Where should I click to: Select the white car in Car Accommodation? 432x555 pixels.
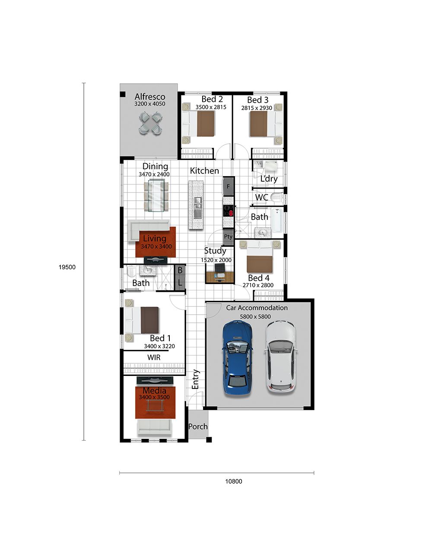tap(281, 357)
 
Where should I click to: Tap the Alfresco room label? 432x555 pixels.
tap(150, 97)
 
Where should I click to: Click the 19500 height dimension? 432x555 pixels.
tap(67, 267)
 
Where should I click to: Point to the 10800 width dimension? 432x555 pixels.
tap(233, 482)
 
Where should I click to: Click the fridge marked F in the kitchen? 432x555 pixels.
tap(228, 186)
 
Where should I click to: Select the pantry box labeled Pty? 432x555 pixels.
tap(228, 237)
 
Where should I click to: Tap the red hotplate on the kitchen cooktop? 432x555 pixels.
tap(231, 213)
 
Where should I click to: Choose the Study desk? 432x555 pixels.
tap(220, 277)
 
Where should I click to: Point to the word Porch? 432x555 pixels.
tap(198, 426)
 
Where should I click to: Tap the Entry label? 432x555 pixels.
tap(195, 379)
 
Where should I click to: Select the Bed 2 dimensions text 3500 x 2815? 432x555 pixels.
tap(211, 107)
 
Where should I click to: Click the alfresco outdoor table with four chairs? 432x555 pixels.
tap(151, 123)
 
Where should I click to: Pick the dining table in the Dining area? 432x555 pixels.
tap(156, 196)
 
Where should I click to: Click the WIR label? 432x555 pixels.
tap(154, 357)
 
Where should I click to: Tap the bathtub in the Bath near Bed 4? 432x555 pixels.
tap(277, 220)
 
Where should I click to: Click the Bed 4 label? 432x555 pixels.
tap(258, 277)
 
